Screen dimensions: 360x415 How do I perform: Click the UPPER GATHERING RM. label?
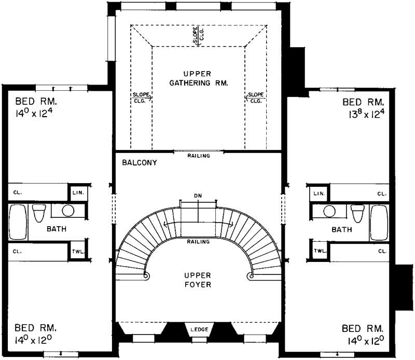click(199, 77)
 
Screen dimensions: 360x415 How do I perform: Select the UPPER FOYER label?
click(199, 280)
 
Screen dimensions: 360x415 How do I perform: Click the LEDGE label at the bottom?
click(199, 329)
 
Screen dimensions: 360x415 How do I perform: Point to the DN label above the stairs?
click(198, 195)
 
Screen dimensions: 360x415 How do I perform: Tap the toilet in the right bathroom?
click(357, 212)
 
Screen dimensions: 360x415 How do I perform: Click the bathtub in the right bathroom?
click(380, 222)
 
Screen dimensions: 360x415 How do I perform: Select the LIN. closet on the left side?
click(79, 193)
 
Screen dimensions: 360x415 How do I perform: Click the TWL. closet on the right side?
click(319, 250)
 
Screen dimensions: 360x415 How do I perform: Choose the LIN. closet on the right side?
click(319, 193)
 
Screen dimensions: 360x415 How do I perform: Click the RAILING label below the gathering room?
click(199, 155)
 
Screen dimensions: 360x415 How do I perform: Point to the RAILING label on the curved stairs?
click(199, 242)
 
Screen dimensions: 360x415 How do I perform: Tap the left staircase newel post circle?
click(147, 275)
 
